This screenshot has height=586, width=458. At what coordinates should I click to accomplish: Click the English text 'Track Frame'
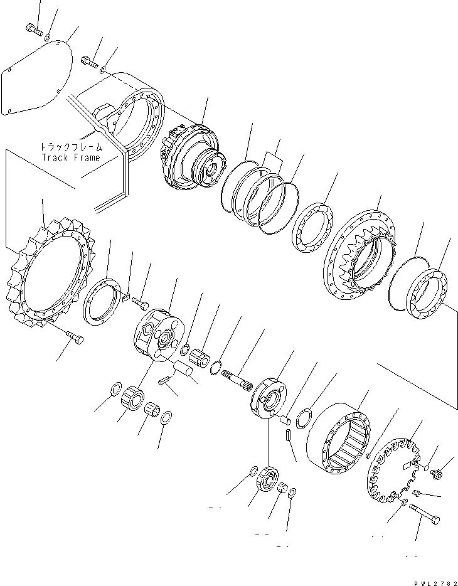point(70,157)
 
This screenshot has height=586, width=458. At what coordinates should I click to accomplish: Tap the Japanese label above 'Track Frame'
point(71,147)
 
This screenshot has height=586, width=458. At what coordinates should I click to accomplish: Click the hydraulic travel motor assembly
point(192,159)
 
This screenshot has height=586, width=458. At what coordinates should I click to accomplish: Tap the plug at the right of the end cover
point(437,474)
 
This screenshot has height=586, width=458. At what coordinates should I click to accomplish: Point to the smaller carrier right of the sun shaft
point(269,397)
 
